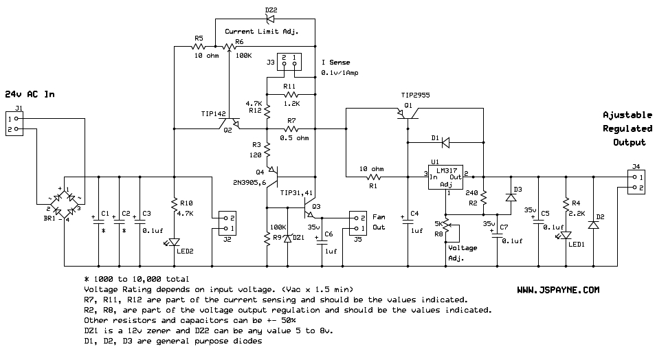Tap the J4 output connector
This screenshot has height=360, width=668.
pos(635,181)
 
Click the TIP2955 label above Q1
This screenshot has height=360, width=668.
pos(416,95)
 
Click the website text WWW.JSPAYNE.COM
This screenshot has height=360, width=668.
pos(558,291)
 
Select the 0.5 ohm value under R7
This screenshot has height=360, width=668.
pos(294,138)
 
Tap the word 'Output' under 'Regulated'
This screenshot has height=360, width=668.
pos(629,142)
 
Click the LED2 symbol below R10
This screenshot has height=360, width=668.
pos(174,241)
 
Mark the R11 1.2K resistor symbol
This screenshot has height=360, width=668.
pos(290,93)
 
